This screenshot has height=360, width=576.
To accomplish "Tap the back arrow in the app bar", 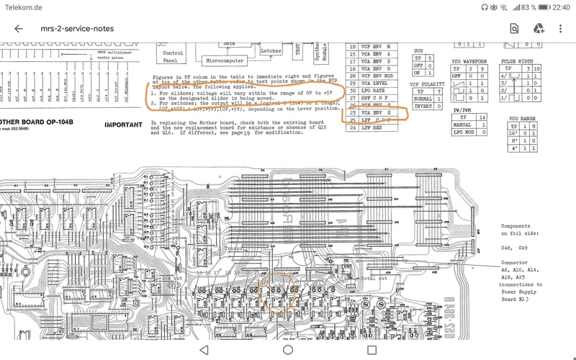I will [x=19, y=29].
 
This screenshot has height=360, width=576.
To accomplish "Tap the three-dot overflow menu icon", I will [x=561, y=29].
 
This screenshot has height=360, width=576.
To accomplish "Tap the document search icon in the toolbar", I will [x=514, y=29].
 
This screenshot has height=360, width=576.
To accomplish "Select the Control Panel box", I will [x=173, y=57].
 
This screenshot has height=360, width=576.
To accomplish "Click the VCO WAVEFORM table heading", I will [x=469, y=61].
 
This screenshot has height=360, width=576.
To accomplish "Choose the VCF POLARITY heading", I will [x=427, y=84].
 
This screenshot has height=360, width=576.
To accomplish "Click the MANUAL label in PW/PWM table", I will [x=462, y=125].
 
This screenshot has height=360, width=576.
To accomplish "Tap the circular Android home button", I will [x=288, y=349].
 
